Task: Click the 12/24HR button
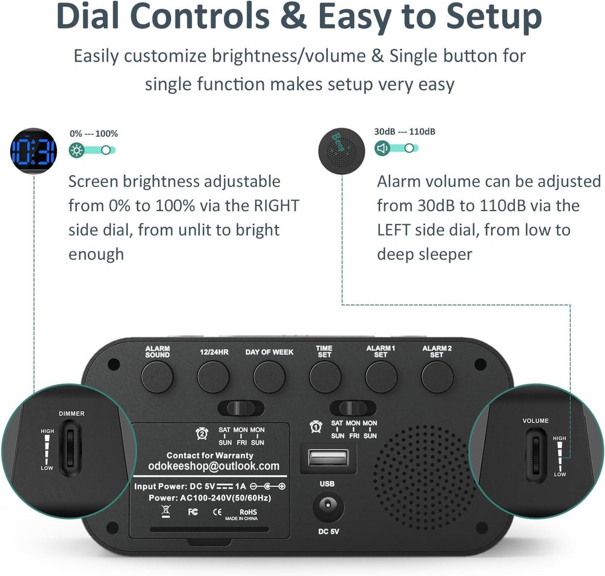pos(213,377)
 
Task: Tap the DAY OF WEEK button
pos(269,377)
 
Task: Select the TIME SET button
pos(325,377)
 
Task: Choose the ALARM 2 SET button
pos(437,377)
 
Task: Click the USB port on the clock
pos(328,457)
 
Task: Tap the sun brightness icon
pos(77,151)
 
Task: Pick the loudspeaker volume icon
pos(382,148)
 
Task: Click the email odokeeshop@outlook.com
pos(214,466)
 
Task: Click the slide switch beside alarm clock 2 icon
pos(241,407)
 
